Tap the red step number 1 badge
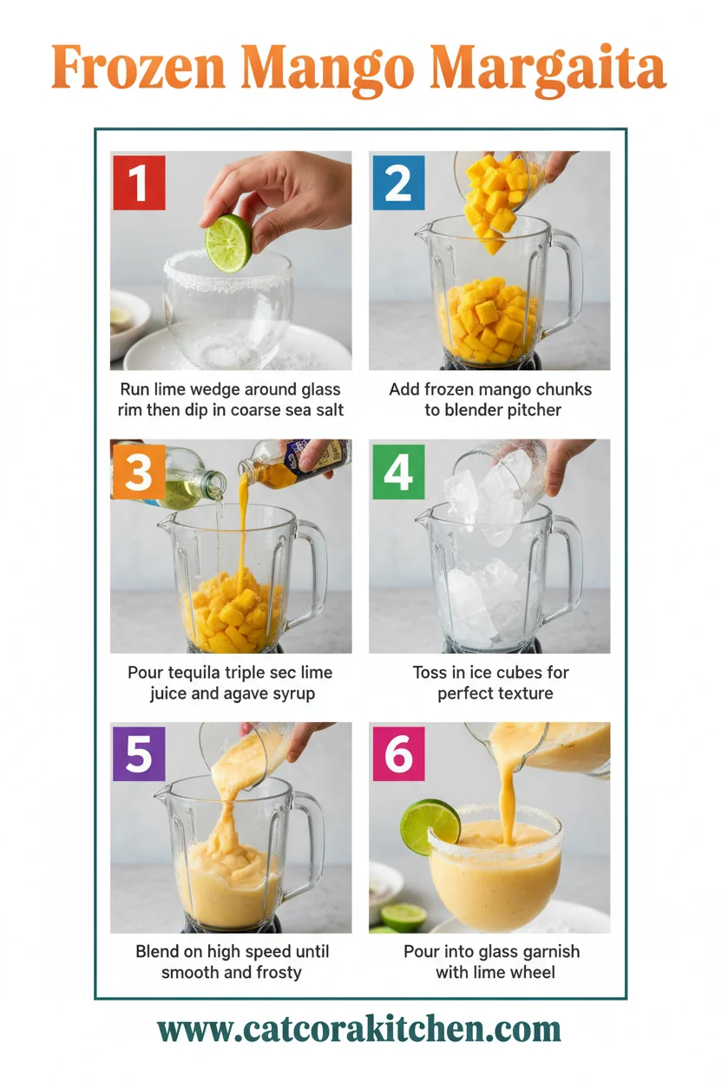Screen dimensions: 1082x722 [x=139, y=182]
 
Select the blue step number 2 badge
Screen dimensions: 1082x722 [x=398, y=182]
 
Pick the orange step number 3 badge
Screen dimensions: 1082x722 [x=139, y=473]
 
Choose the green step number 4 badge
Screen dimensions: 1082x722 [x=398, y=473]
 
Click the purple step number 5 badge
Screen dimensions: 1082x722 [x=139, y=754]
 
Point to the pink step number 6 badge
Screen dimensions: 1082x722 [x=398, y=754]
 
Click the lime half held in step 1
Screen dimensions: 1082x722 [x=228, y=243]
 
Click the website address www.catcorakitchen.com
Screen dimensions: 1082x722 [x=359, y=1030]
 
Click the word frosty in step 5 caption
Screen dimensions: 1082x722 [x=272, y=972]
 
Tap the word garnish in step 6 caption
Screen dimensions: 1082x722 [x=548, y=951]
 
